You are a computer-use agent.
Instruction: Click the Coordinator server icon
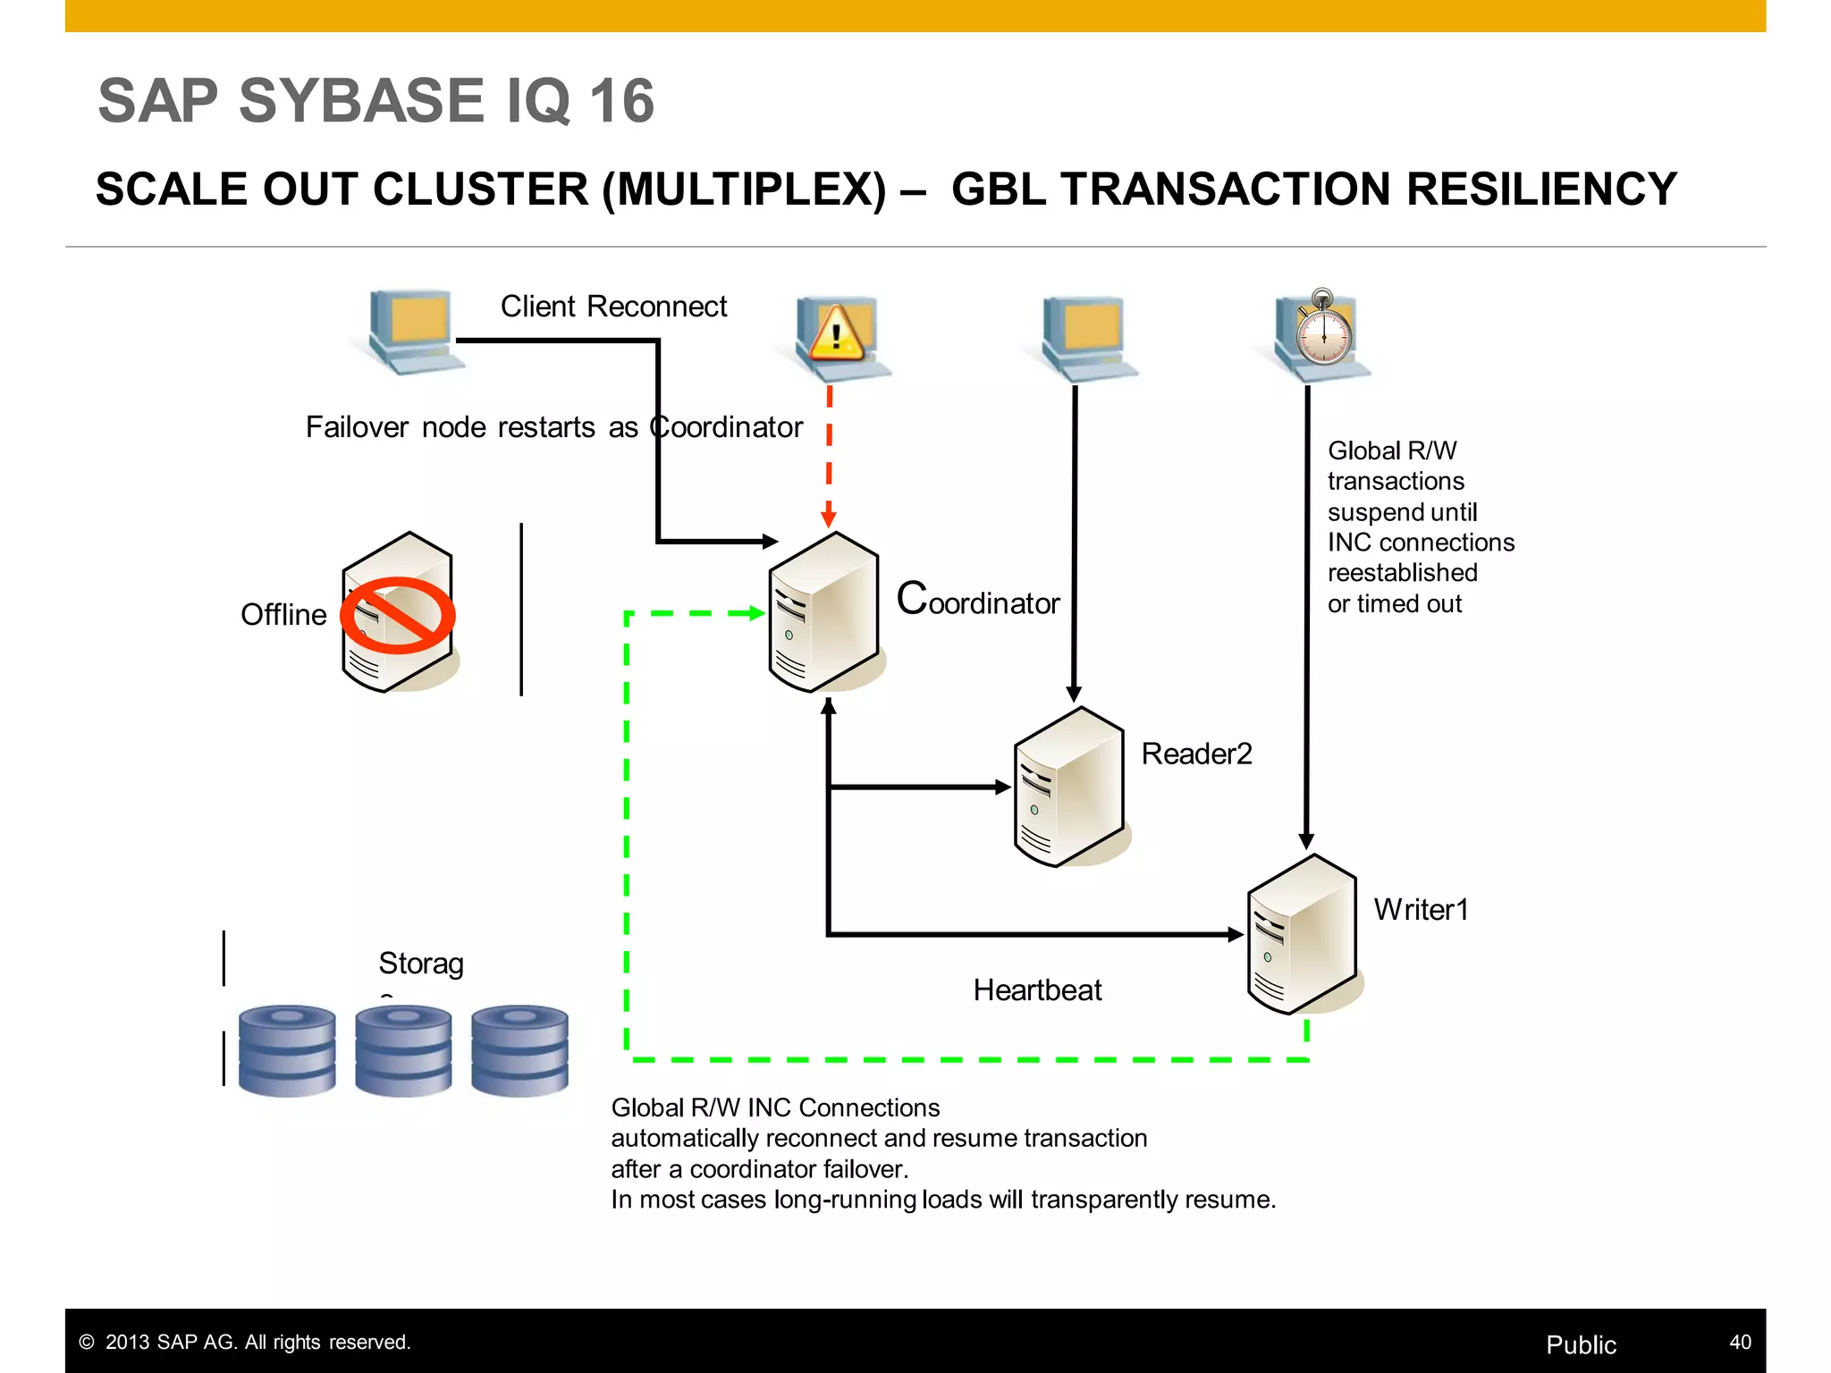[823, 613]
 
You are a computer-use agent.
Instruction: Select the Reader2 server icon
[1068, 788]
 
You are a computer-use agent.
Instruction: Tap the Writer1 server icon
[1302, 935]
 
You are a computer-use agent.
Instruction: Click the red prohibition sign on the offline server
[398, 615]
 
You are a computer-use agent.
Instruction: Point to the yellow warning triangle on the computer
[835, 333]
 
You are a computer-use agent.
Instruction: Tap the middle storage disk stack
[403, 1050]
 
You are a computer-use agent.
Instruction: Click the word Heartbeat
[1037, 990]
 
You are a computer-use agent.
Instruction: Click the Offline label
[283, 615]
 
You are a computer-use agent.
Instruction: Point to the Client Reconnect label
[613, 307]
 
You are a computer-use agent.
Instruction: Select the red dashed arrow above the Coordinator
[829, 456]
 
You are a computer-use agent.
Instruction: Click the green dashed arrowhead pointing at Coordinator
[755, 613]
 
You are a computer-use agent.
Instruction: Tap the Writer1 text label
[1421, 910]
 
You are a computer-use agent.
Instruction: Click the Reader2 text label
[1196, 754]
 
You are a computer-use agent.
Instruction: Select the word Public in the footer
[1581, 1344]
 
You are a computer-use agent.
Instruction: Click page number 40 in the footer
[1740, 1343]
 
